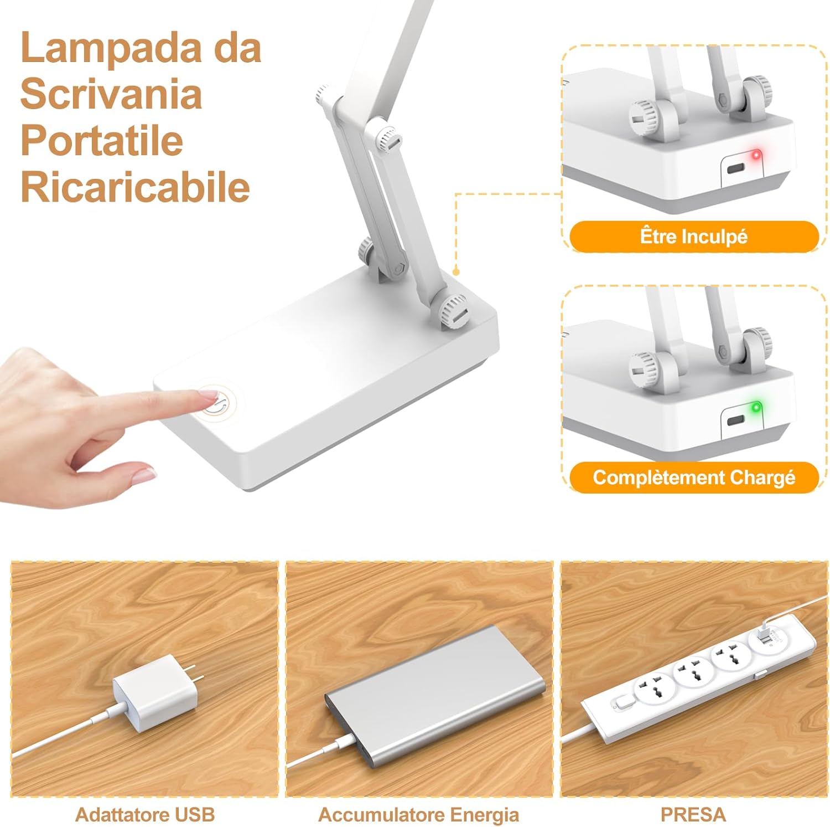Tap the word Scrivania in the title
point(111,94)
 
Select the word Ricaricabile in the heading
point(135,187)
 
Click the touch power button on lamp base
point(218,403)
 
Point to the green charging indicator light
point(755,409)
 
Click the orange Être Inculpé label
point(693,237)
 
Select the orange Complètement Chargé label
point(693,477)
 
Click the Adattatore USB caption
point(144,814)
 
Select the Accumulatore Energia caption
point(418,814)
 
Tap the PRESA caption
point(693,814)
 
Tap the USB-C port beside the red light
point(736,168)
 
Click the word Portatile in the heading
point(102,141)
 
